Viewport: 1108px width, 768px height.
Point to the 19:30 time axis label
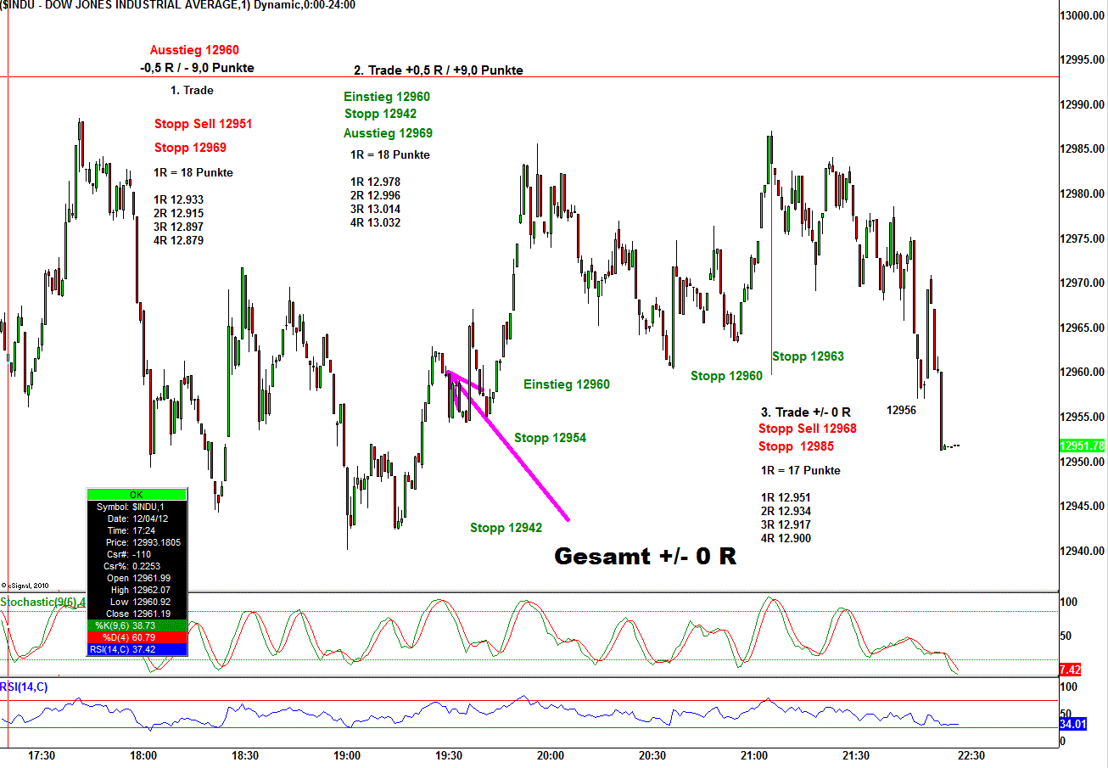[x=449, y=755]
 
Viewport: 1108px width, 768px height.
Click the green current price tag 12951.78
[x=1082, y=446]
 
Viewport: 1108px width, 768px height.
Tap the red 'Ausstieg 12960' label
[x=194, y=50]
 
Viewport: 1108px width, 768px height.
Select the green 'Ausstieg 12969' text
[x=388, y=133]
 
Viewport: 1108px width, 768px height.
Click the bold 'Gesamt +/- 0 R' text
[x=645, y=557]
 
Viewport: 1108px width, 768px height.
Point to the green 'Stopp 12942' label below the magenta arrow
[x=506, y=528]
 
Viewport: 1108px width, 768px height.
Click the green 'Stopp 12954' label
[x=550, y=438]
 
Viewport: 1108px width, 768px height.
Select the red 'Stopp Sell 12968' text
[x=808, y=429]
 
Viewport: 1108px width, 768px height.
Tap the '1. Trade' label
[x=192, y=90]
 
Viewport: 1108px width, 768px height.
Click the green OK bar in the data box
[x=136, y=495]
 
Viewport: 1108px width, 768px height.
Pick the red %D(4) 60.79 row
[x=136, y=637]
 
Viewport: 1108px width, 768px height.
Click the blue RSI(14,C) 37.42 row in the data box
[x=136, y=649]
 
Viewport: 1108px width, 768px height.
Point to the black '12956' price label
[x=901, y=410]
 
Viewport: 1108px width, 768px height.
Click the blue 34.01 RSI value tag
[x=1072, y=724]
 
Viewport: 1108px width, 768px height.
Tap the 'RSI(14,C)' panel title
[x=25, y=687]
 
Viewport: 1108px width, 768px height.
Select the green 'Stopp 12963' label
[x=808, y=356]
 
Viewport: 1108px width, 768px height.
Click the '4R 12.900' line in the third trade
[x=786, y=538]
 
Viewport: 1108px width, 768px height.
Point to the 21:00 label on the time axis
[x=754, y=755]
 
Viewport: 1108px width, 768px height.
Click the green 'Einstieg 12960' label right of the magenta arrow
[x=566, y=384]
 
